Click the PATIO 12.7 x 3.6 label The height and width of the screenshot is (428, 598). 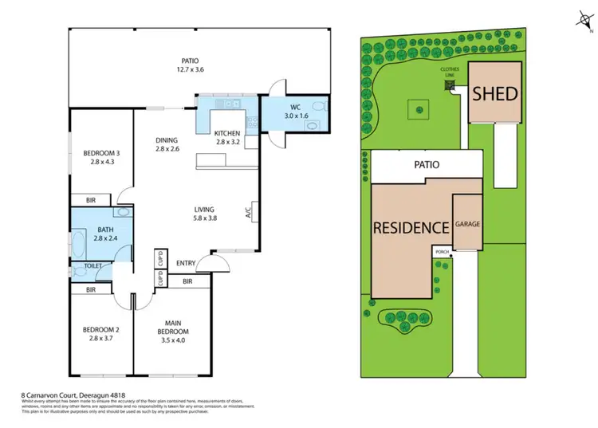(x=189, y=65)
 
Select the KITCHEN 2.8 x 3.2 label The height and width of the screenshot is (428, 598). (x=228, y=138)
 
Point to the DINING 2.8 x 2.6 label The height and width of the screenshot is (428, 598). (x=167, y=144)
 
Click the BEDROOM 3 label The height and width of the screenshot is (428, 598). (x=101, y=157)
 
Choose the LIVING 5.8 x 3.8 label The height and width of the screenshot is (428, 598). (x=206, y=214)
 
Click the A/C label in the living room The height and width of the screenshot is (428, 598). (x=249, y=214)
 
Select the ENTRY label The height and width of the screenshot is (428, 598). (x=185, y=263)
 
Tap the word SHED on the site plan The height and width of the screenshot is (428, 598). (x=495, y=93)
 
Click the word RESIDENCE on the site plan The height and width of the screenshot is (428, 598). (x=410, y=227)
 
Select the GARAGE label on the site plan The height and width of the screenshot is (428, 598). (x=468, y=225)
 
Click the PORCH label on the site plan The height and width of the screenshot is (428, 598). (x=442, y=252)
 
